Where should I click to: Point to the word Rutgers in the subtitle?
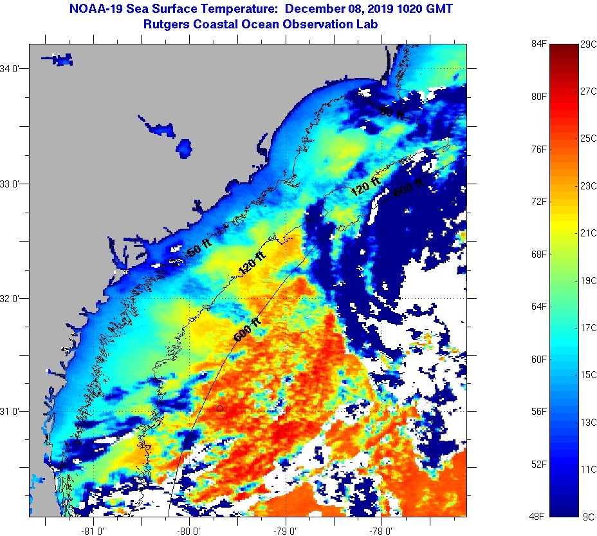[166, 24]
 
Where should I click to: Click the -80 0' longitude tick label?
[190, 531]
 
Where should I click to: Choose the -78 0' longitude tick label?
[381, 531]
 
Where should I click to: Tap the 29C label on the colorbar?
[588, 44]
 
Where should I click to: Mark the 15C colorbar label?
[588, 374]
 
